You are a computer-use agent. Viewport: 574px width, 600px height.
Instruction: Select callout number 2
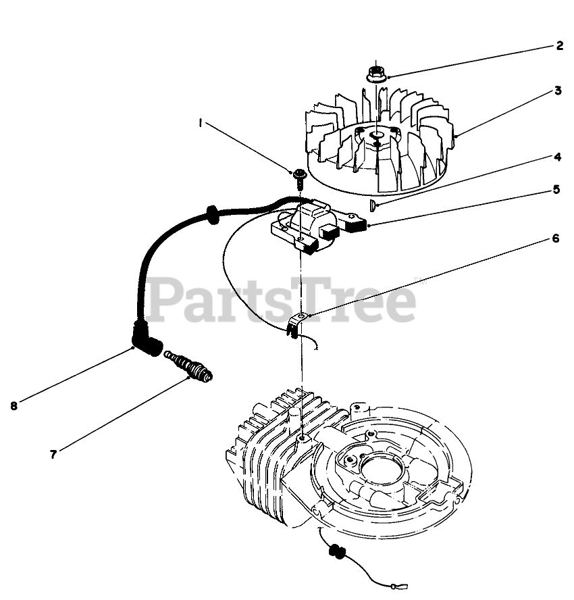click(x=559, y=46)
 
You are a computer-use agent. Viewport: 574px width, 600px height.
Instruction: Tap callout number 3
click(x=558, y=91)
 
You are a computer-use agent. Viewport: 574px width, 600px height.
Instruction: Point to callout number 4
click(x=558, y=157)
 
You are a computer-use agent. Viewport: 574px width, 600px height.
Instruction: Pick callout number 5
click(x=556, y=190)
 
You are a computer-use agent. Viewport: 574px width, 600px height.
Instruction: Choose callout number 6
click(x=555, y=239)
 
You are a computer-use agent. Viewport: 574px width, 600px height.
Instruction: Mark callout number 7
click(x=52, y=454)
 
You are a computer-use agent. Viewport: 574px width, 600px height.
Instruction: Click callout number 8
click(x=14, y=405)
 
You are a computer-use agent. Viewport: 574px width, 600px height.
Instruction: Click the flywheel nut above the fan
click(x=377, y=73)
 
